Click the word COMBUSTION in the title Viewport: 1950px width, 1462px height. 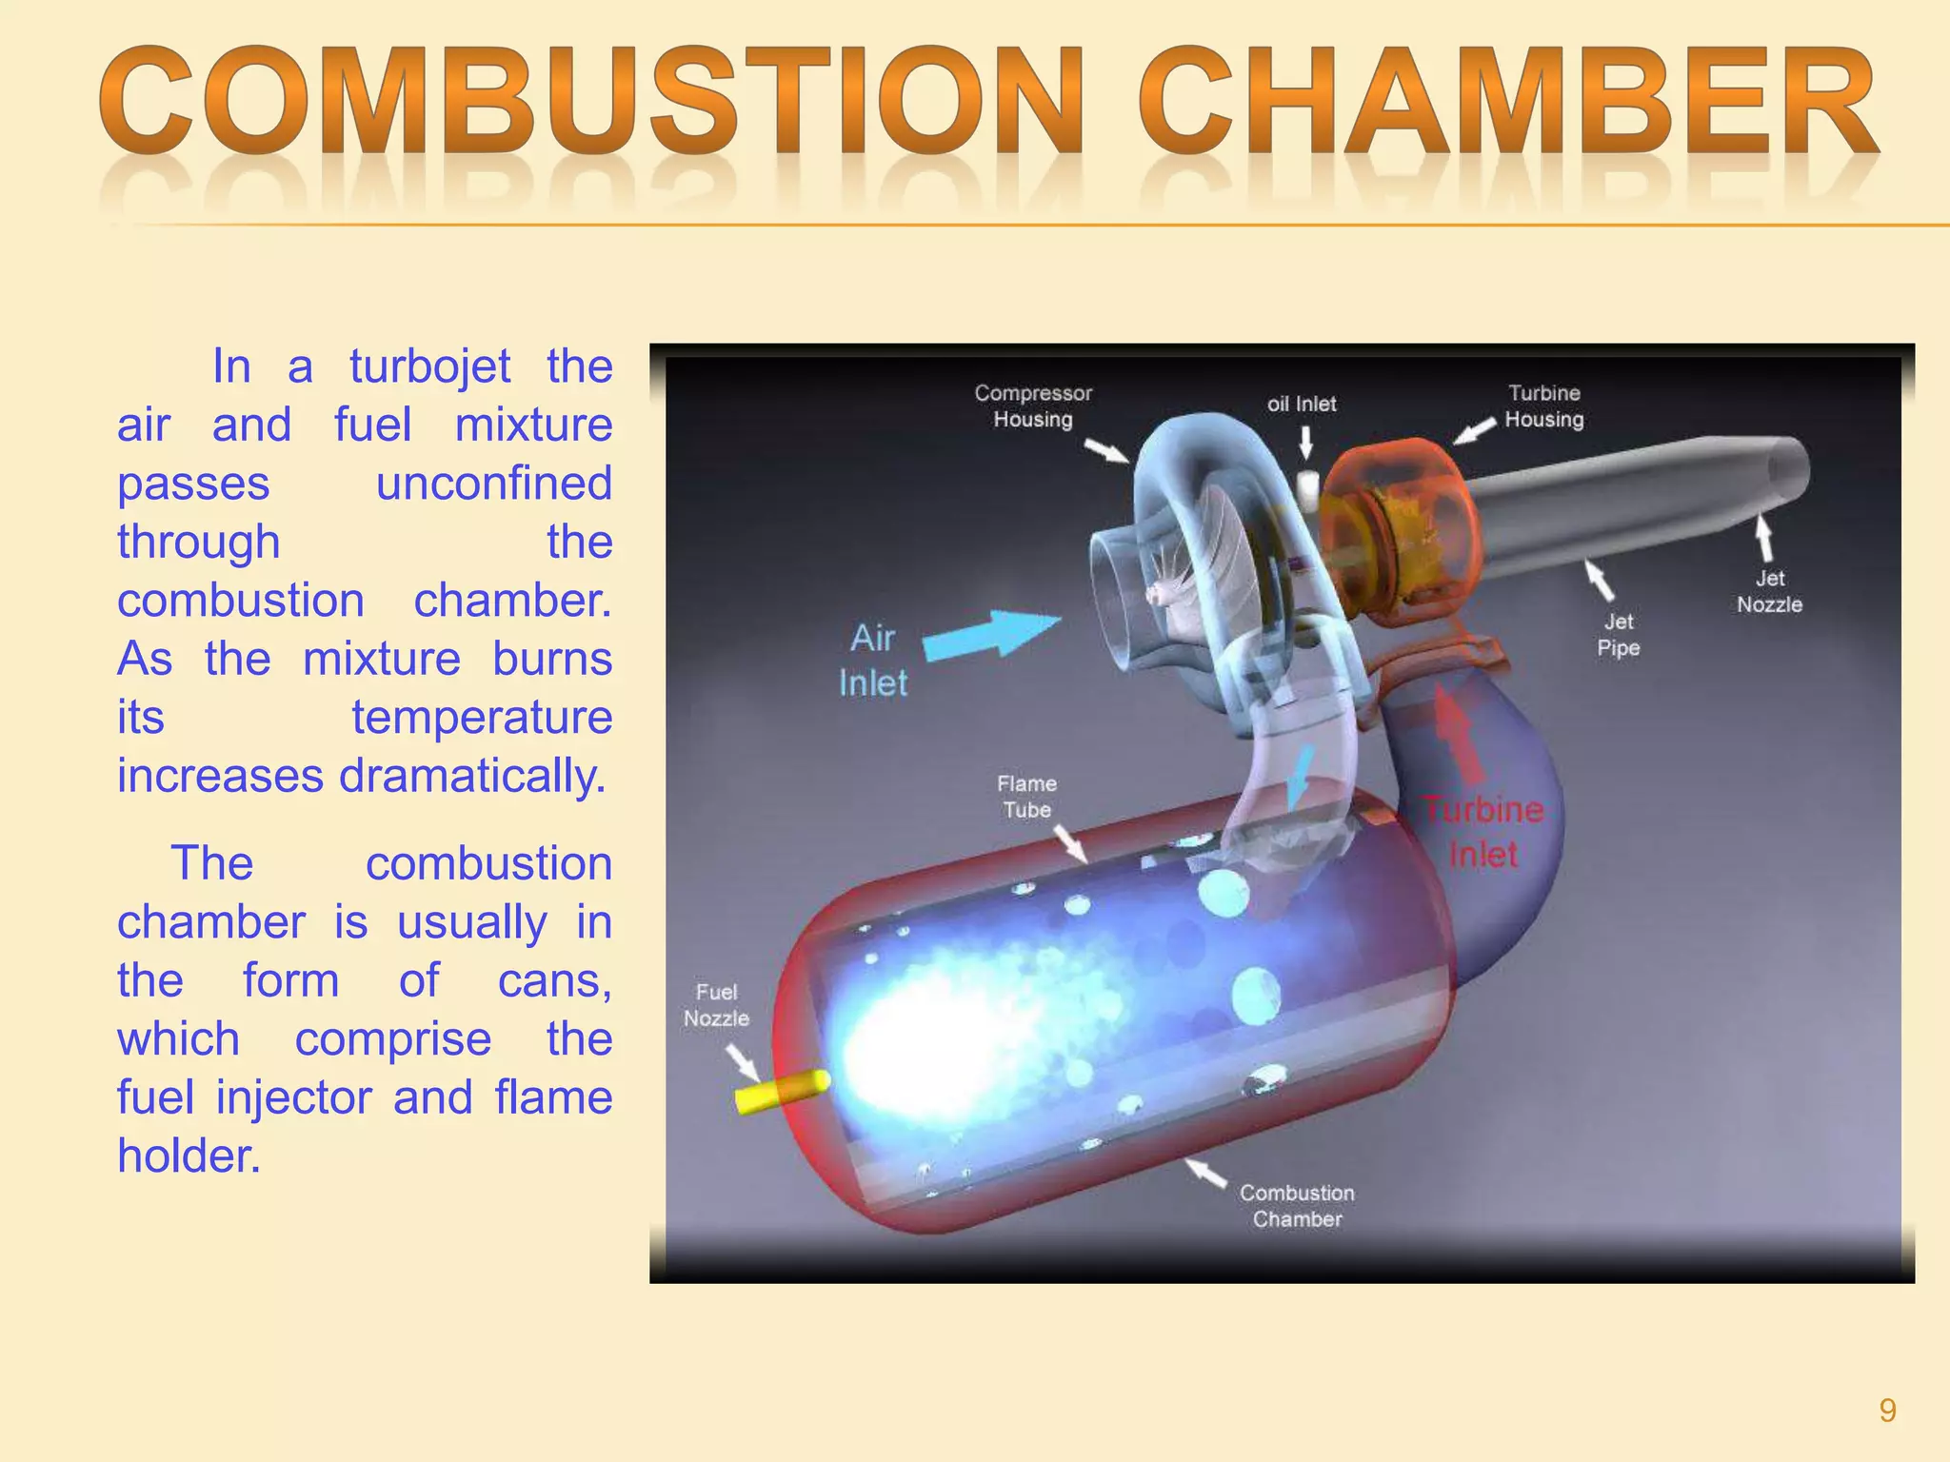click(x=590, y=103)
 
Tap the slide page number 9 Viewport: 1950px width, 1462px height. click(x=1887, y=1411)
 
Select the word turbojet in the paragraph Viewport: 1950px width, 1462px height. click(x=429, y=366)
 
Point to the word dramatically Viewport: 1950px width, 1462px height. click(x=472, y=776)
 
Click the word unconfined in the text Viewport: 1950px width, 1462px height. click(x=493, y=484)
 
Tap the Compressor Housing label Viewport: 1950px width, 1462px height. click(x=1033, y=406)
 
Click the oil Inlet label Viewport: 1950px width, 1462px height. click(x=1301, y=404)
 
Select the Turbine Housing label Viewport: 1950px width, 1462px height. click(x=1543, y=406)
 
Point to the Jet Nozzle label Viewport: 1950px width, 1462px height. click(x=1769, y=591)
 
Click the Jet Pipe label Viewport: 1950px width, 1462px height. click(x=1618, y=635)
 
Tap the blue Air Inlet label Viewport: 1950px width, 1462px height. click(x=873, y=661)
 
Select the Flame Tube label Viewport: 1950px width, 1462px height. click(x=1026, y=797)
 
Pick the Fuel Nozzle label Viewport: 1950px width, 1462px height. click(x=716, y=1005)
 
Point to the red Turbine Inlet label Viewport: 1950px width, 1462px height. click(x=1482, y=832)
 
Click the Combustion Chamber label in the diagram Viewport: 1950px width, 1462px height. click(x=1297, y=1206)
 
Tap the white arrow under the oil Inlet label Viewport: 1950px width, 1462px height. click(x=1306, y=443)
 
